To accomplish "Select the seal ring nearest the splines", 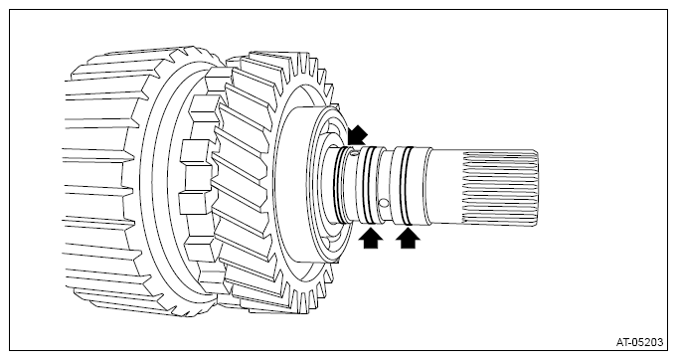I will click(407, 183).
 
